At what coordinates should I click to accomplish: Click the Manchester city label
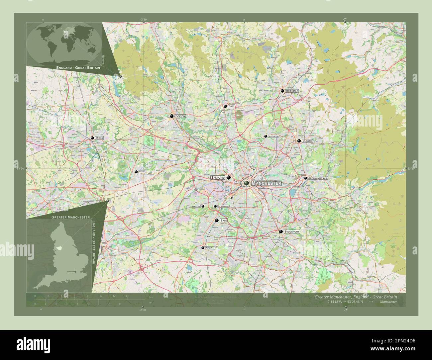point(267,183)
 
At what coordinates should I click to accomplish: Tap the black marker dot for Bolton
point(172,116)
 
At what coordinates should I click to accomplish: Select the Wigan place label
point(99,137)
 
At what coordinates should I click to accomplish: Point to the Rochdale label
point(292,91)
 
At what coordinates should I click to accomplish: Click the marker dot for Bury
point(225,106)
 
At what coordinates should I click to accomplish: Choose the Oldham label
point(307,141)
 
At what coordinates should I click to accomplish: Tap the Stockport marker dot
point(281,231)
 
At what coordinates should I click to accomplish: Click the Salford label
point(218,178)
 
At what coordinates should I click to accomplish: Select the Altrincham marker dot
point(203,248)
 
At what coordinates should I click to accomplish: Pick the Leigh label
point(142,172)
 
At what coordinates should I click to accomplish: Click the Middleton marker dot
point(266,136)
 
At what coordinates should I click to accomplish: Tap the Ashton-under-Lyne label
point(318,178)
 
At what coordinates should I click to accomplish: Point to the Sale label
point(224,220)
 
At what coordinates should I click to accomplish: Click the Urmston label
point(196,206)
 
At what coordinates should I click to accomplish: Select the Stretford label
point(224,206)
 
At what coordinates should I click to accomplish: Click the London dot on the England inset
point(75,272)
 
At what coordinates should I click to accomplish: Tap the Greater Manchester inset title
point(70,217)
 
